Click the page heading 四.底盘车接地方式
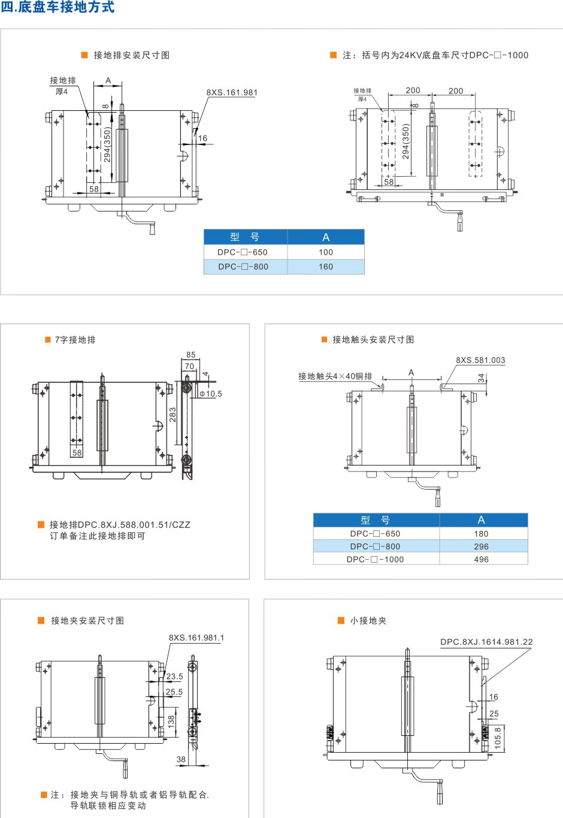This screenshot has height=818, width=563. (x=57, y=8)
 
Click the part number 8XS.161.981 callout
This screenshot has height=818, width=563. (x=232, y=93)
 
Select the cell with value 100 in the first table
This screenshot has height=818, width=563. (x=326, y=252)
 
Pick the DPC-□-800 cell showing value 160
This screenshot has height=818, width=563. (x=326, y=267)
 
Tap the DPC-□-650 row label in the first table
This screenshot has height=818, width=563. (x=243, y=252)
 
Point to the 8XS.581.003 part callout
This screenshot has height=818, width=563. (x=480, y=360)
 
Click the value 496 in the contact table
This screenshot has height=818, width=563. (x=482, y=559)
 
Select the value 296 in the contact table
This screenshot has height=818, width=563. (x=482, y=547)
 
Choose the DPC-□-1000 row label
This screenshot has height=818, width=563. (x=376, y=559)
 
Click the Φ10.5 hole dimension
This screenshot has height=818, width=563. (x=211, y=394)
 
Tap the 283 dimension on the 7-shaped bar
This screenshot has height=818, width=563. (x=173, y=415)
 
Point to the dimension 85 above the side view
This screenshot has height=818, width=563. (x=191, y=355)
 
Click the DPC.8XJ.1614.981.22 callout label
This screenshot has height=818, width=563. (x=486, y=642)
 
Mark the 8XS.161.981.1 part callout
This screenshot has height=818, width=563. (x=196, y=638)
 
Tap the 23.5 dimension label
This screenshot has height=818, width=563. (x=175, y=677)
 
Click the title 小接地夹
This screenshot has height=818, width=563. (x=368, y=621)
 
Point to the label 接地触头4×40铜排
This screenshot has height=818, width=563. (x=335, y=376)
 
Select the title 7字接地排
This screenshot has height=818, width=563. (x=75, y=340)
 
